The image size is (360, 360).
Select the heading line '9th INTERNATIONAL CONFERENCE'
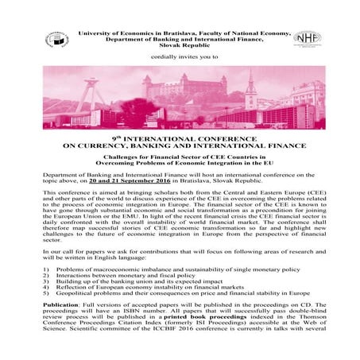point(180,138)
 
